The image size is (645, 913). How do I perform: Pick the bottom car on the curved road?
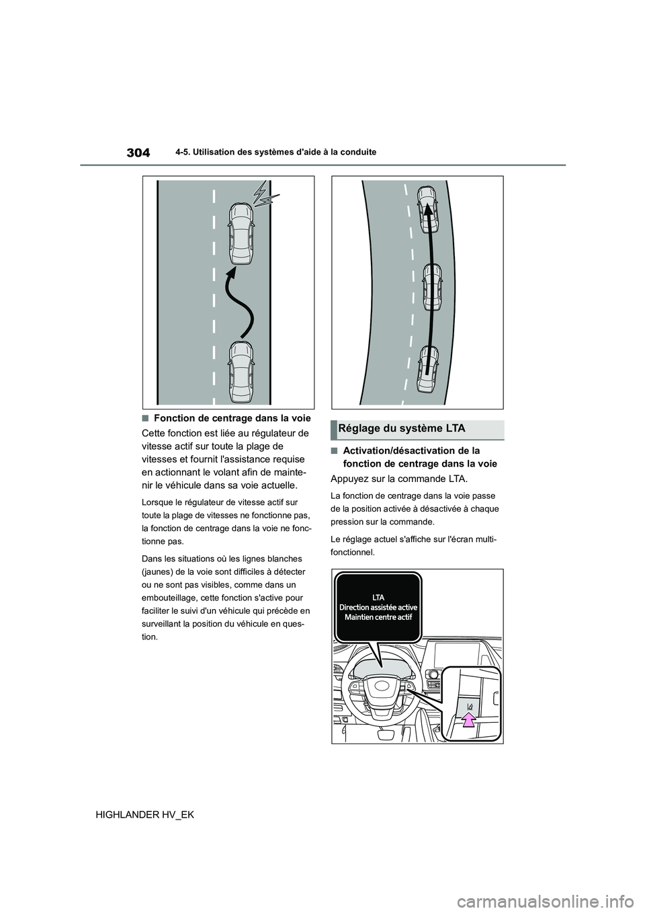427,368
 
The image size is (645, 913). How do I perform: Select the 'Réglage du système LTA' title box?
417,428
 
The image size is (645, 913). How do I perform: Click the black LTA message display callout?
377,607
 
